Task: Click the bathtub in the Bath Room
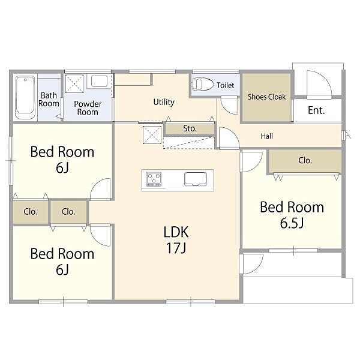tap(25, 98)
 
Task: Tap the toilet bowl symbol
tap(202, 84)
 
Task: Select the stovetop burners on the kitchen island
tap(154, 179)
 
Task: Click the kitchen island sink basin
tap(196, 179)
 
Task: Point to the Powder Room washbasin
tap(99, 81)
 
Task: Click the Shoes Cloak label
tap(266, 97)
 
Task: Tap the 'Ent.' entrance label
tap(316, 110)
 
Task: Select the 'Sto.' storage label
tap(190, 128)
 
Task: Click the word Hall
tap(267, 136)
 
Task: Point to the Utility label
tap(164, 102)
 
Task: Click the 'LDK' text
tap(176, 232)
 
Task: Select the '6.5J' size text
tap(292, 223)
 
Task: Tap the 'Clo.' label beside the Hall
tap(305, 160)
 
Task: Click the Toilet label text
tap(226, 85)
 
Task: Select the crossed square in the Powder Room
tap(74, 83)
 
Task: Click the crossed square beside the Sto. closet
tap(152, 135)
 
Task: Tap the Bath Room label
tap(49, 100)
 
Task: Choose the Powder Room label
tap(88, 108)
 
